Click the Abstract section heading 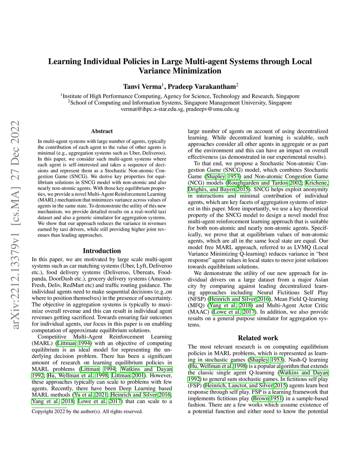pyautogui.click(x=102, y=131)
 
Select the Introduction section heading pyautogui.click(x=102, y=251)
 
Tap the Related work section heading pyautogui.click(x=258, y=338)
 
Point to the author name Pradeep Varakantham pyautogui.click(x=201, y=87)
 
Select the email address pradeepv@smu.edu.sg pyautogui.click(x=212, y=109)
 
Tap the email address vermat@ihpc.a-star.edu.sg pyautogui.click(x=152, y=109)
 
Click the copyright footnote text pyautogui.click(x=87, y=411)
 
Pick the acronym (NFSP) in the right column pyautogui.click(x=197, y=299)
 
